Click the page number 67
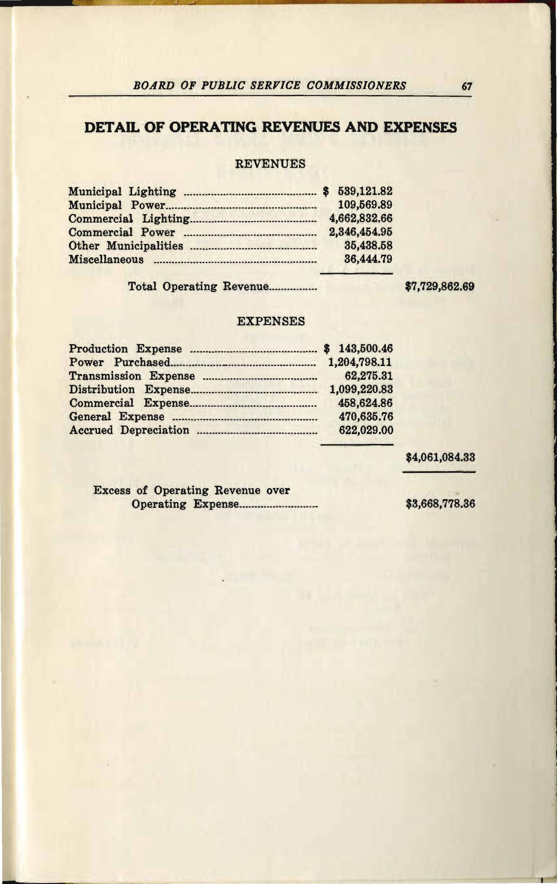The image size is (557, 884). click(466, 87)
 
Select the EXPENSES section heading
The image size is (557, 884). click(271, 322)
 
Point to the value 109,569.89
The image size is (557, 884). click(365, 205)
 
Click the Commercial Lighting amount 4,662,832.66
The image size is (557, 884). click(361, 218)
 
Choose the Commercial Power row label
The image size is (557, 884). click(122, 232)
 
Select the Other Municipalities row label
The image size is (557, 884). click(126, 246)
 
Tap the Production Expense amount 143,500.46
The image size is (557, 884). click(365, 349)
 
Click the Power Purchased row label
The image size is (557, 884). click(120, 363)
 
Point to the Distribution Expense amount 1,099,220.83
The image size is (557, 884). click(361, 389)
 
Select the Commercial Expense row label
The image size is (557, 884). click(129, 403)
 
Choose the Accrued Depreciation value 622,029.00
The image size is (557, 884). click(366, 430)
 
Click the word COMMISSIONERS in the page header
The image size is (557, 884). click(356, 86)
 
